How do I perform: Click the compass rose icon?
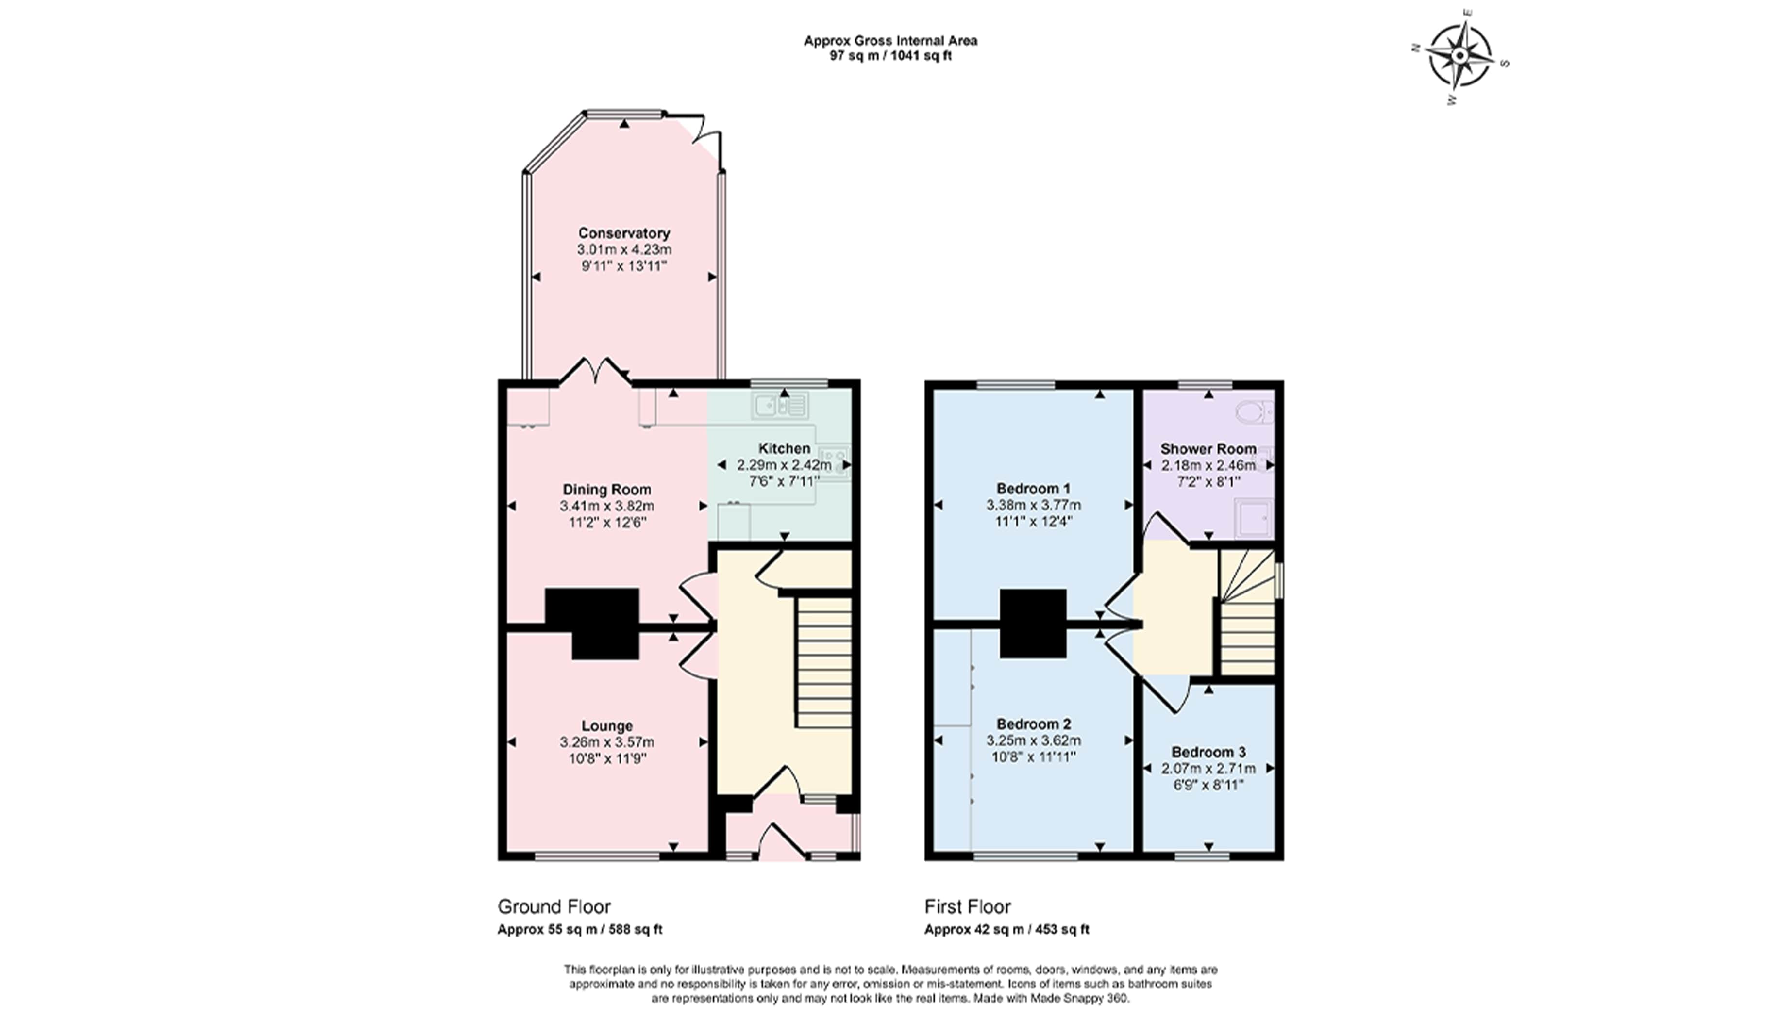pyautogui.click(x=1459, y=56)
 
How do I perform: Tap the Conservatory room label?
pyautogui.click(x=624, y=233)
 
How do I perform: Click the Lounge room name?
pyautogui.click(x=607, y=726)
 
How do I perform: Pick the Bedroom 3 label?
pyautogui.click(x=1208, y=752)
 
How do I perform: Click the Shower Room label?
pyautogui.click(x=1208, y=449)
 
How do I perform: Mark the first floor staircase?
pyautogui.click(x=1247, y=612)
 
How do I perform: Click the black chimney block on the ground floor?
pyautogui.click(x=592, y=624)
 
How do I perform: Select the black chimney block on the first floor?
pyautogui.click(x=1033, y=624)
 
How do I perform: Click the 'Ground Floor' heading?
pyautogui.click(x=554, y=907)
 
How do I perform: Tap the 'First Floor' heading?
pyautogui.click(x=968, y=907)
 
